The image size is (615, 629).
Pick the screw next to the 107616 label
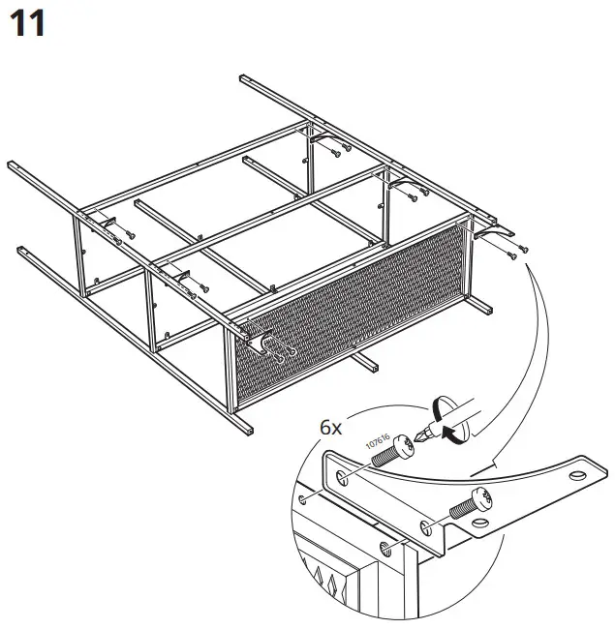coord(390,453)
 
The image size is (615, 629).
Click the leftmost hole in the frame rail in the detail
coord(306,499)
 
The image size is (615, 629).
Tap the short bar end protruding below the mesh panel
coord(369,365)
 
